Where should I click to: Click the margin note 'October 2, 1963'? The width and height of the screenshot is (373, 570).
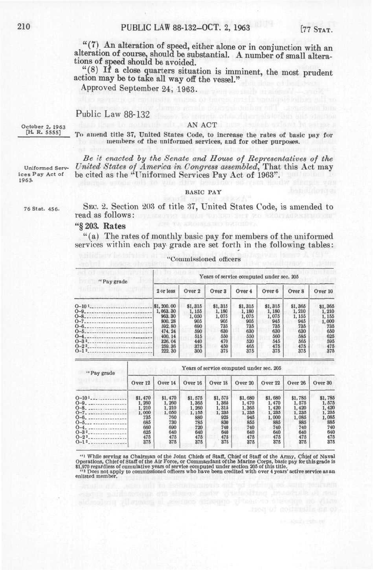tap(43, 126)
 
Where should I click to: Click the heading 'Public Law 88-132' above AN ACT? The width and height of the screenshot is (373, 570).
tap(106, 115)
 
